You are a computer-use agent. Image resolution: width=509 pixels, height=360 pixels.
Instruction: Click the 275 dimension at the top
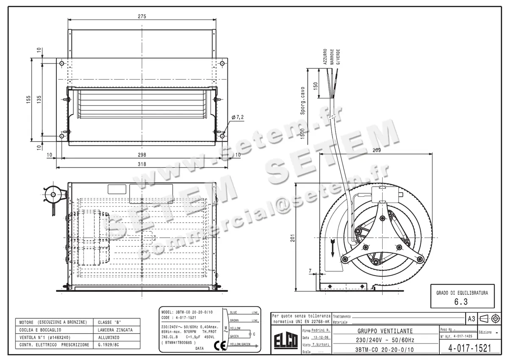coord(142,17)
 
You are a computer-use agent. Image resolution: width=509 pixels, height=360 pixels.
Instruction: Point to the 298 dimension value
coord(142,155)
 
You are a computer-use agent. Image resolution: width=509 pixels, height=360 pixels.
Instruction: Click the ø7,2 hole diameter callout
coord(238,117)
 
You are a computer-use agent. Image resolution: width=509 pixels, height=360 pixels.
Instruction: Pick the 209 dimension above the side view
coord(364,150)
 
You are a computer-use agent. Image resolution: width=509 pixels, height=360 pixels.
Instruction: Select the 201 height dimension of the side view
coord(292,239)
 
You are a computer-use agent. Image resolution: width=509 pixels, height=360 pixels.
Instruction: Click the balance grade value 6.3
coord(462,302)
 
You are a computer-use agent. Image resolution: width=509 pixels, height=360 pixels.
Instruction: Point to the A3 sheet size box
coord(471,318)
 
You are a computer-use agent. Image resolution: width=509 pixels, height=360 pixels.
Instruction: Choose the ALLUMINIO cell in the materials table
coord(109,338)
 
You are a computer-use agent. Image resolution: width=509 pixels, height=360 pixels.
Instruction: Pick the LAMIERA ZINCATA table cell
coord(115,330)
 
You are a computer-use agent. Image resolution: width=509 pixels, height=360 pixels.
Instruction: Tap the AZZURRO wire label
coord(325,56)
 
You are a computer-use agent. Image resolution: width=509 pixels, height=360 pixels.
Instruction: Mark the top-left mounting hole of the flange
coord(62,64)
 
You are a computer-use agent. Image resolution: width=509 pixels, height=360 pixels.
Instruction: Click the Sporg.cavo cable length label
coord(303,101)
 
